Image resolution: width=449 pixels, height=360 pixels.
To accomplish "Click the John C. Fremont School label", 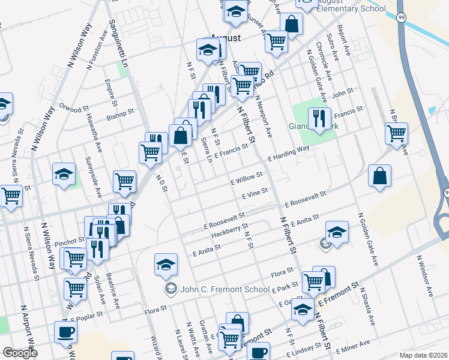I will [x=224, y=289].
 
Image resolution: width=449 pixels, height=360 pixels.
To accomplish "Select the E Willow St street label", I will [x=247, y=179].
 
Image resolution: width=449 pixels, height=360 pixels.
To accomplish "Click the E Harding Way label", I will [x=288, y=152].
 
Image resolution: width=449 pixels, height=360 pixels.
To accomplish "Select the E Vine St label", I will [x=254, y=194].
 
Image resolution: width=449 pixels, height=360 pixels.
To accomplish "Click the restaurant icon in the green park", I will [x=319, y=118].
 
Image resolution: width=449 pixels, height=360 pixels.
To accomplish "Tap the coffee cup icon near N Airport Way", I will [x=65, y=332].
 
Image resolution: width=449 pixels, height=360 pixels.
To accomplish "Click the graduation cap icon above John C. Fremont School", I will [x=166, y=264].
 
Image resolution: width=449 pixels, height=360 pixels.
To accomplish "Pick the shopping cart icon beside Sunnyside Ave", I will [x=124, y=181].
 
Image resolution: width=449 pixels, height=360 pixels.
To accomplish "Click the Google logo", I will [x=20, y=353].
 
